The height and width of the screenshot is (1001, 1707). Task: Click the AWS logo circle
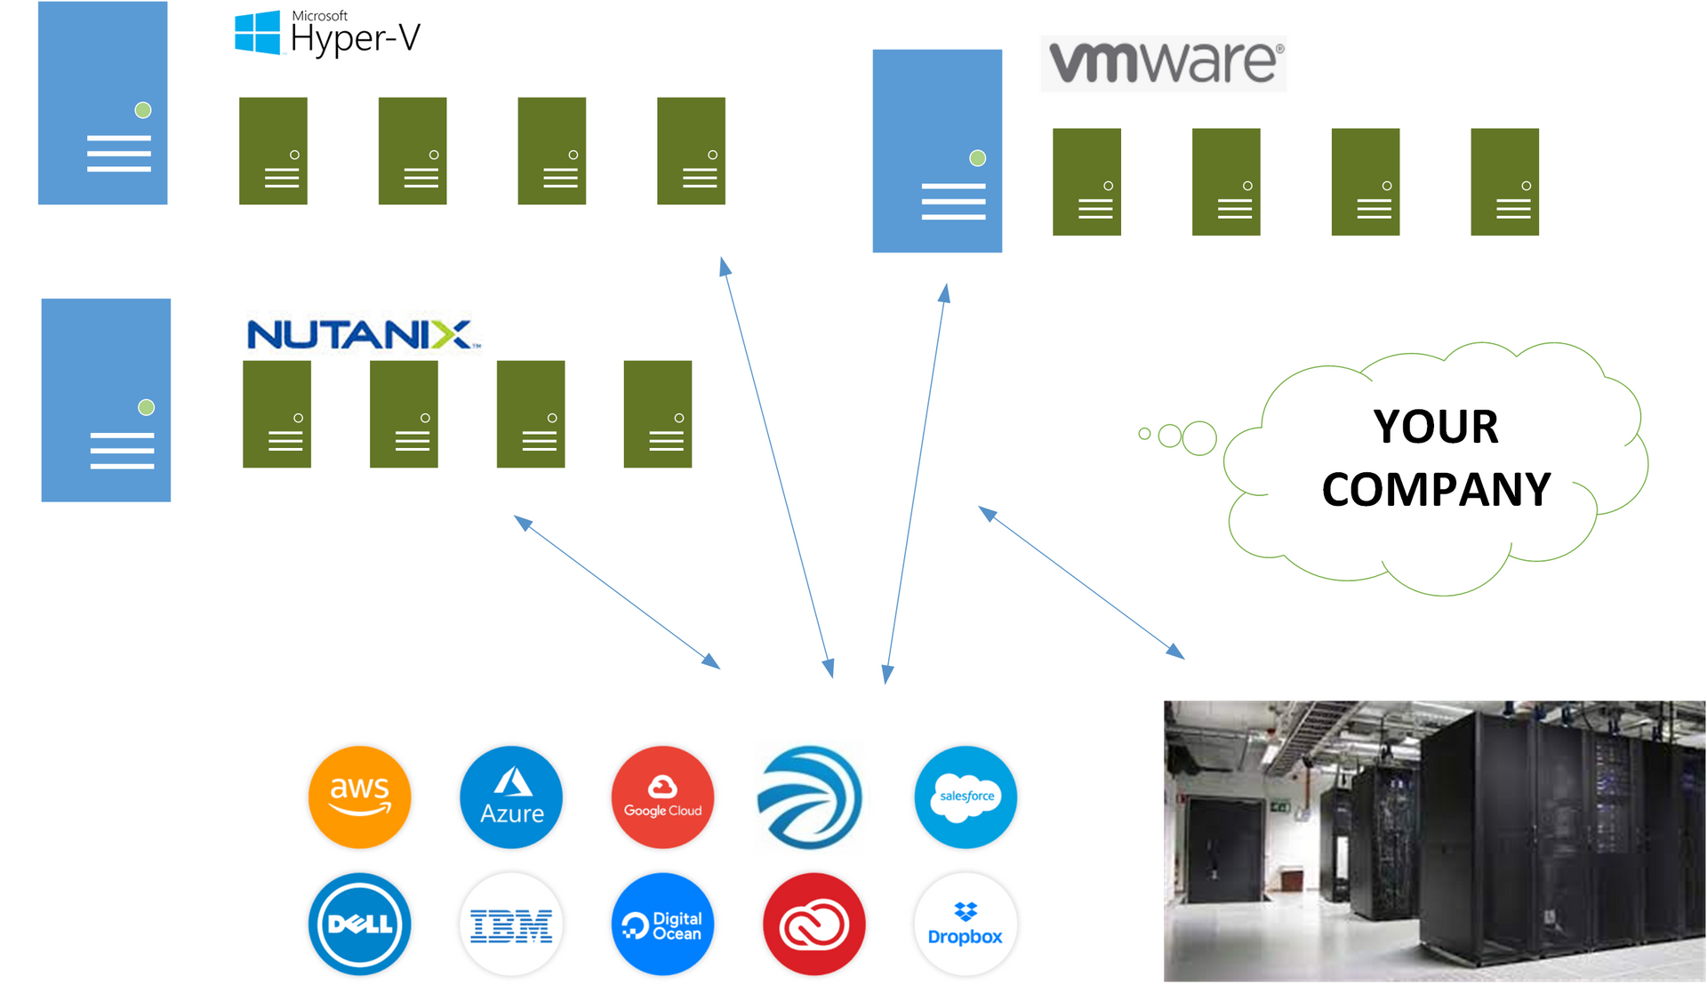pos(360,797)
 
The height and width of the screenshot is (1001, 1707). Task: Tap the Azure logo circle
pos(511,797)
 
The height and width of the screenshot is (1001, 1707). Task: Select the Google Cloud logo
pos(662,797)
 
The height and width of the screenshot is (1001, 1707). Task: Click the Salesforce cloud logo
pos(966,797)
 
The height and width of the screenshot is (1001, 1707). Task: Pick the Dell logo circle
pos(360,925)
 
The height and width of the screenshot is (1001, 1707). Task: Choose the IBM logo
pos(511,925)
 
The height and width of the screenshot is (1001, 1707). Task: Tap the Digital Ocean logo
pos(662,925)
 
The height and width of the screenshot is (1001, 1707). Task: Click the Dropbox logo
pos(966,925)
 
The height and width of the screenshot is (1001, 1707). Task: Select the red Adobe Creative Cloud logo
pos(813,925)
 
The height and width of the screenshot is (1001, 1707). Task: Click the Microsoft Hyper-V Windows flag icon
pos(257,33)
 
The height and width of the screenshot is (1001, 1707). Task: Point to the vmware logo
pos(1163,63)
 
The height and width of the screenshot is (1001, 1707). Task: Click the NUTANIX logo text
pos(360,335)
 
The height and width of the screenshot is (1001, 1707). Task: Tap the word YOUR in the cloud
pos(1435,427)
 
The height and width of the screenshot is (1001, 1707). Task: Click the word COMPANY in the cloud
pos(1435,490)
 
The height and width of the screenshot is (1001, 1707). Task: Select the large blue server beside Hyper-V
pos(102,103)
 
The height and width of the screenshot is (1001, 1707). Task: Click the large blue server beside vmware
pos(937,151)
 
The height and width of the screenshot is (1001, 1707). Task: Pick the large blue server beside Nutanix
pos(106,400)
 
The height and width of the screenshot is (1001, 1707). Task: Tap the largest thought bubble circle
pos(1199,438)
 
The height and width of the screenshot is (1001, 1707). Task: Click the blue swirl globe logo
pos(810,797)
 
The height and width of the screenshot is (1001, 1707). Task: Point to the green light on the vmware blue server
pos(978,158)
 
